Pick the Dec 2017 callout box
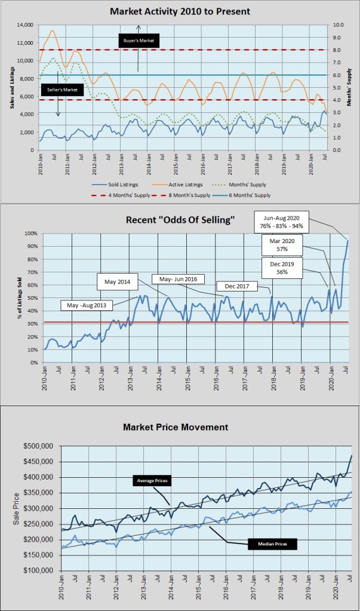(236, 286)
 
